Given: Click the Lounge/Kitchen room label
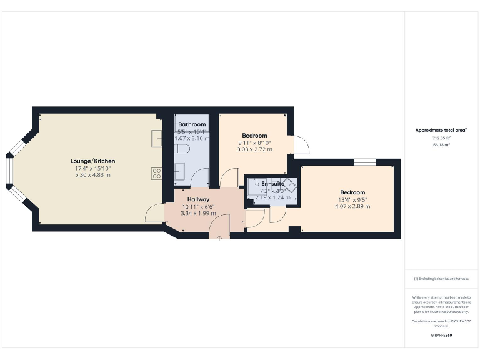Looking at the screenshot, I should [x=92, y=161].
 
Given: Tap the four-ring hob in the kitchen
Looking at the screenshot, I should [x=156, y=174].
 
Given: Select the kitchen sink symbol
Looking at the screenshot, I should [x=156, y=137].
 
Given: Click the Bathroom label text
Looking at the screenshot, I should [x=192, y=124].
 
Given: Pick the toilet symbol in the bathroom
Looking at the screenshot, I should [x=182, y=149].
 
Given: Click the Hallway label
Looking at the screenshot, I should [x=197, y=199].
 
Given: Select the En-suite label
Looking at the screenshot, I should [x=272, y=184].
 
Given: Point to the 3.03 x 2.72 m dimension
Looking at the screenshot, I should [x=254, y=150].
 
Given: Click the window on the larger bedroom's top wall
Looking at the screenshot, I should [x=365, y=162].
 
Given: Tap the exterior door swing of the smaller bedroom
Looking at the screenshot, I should [x=301, y=146].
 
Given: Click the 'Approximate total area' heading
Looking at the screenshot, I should [x=441, y=130].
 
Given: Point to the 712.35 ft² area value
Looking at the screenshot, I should [x=441, y=137].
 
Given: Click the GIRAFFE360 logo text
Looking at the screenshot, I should [x=441, y=336].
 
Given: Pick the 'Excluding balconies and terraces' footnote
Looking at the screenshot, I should [x=441, y=278].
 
